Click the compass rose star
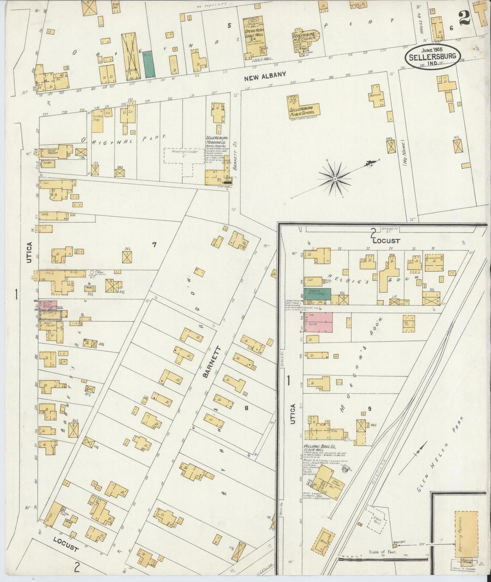(335, 179)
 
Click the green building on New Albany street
(148, 64)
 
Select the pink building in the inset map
(318, 322)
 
